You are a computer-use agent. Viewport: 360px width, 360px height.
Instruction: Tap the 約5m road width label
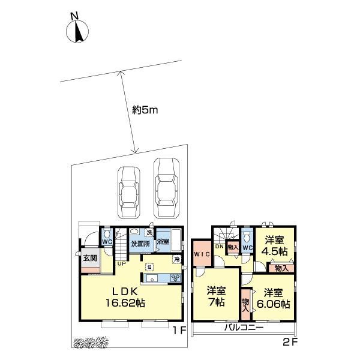pyautogui.click(x=145, y=110)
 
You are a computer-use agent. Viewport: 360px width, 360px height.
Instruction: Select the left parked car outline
pyautogui.click(x=128, y=193)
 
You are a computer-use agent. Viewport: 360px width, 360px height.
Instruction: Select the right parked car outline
pyautogui.click(x=166, y=188)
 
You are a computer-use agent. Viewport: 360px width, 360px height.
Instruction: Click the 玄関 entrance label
pyautogui.click(x=90, y=258)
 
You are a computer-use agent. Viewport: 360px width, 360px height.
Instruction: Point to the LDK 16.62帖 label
pyautogui.click(x=125, y=298)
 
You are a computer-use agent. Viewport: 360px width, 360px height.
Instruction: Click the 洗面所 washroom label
pyautogui.click(x=141, y=244)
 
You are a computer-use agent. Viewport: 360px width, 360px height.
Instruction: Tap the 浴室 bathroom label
pyautogui.click(x=163, y=242)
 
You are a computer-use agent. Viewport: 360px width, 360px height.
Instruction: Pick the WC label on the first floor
pyautogui.click(x=107, y=242)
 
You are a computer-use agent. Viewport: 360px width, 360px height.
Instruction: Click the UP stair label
pyautogui.click(x=122, y=264)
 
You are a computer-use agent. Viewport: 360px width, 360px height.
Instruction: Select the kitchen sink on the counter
pyautogui.click(x=151, y=278)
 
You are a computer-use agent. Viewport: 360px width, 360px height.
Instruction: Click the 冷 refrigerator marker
pyautogui.click(x=177, y=260)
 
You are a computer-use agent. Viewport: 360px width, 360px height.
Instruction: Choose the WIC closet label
pyautogui.click(x=202, y=254)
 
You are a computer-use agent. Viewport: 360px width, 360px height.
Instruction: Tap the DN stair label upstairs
pyautogui.click(x=219, y=247)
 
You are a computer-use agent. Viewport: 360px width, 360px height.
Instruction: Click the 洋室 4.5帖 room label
pyautogui.click(x=275, y=245)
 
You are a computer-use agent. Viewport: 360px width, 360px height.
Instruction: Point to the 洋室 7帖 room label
pyautogui.click(x=217, y=296)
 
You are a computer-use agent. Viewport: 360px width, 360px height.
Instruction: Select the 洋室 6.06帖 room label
pyautogui.click(x=273, y=298)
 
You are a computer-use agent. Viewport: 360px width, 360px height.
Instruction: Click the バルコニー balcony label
pyautogui.click(x=244, y=328)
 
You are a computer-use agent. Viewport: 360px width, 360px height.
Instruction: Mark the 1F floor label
pyautogui.click(x=179, y=331)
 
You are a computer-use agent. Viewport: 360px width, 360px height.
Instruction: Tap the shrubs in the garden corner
pyautogui.click(x=91, y=342)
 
